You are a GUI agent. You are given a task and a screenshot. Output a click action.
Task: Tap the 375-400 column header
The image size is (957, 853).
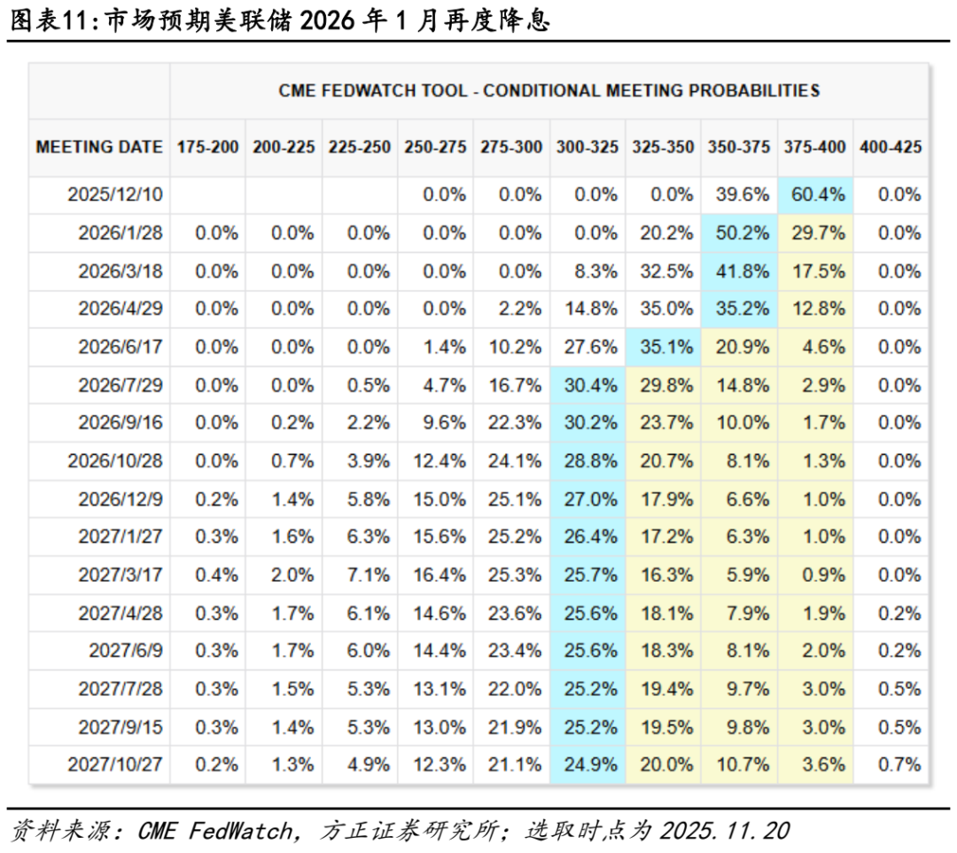[x=815, y=147]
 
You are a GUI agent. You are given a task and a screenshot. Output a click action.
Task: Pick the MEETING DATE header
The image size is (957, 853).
[x=99, y=147]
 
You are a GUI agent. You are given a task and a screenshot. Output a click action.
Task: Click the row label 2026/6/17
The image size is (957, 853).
[x=121, y=347]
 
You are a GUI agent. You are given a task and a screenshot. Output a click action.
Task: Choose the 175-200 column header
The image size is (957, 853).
[x=208, y=147]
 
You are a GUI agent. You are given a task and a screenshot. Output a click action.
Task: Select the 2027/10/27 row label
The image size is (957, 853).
[x=115, y=764]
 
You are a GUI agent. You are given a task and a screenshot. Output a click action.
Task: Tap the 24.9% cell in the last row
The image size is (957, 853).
[x=587, y=764]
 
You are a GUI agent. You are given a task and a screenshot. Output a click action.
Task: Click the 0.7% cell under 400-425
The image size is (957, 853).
[x=899, y=764]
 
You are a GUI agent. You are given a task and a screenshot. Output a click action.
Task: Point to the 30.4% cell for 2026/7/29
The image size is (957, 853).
[x=587, y=385]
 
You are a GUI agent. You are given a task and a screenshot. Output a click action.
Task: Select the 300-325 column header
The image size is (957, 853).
[x=587, y=147]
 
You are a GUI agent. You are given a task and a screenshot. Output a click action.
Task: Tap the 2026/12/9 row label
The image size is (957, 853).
[x=121, y=499]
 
